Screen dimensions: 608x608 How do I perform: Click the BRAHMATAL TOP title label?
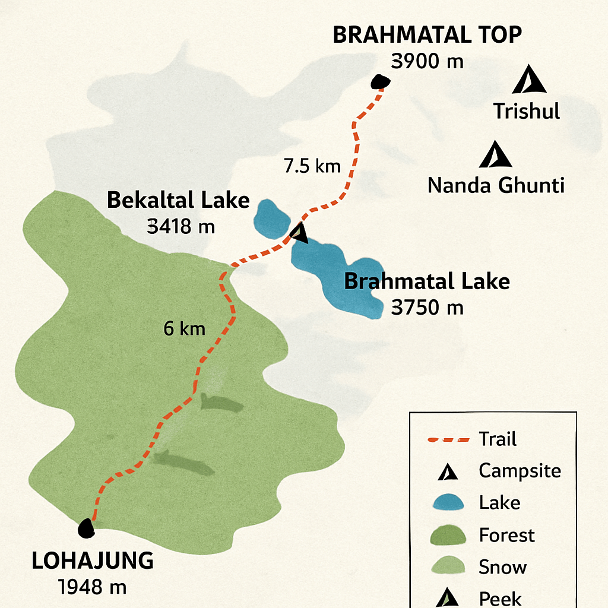[427, 35]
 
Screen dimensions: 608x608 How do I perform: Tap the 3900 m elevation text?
[427, 61]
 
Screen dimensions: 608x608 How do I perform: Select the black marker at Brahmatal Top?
[379, 82]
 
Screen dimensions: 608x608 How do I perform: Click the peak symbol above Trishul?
[529, 80]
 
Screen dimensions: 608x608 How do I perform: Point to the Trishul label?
[527, 111]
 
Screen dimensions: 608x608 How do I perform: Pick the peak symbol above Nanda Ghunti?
[495, 155]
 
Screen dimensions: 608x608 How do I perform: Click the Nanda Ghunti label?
[496, 186]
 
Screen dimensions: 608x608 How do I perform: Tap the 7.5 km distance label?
[312, 166]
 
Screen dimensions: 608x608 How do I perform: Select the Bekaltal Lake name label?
[178, 201]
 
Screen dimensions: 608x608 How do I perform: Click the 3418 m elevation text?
[180, 226]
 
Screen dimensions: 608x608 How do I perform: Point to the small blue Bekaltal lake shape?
[271, 218]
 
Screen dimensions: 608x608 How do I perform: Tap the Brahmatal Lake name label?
[427, 281]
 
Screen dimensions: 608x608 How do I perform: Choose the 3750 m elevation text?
[427, 308]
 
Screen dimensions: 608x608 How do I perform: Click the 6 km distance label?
[184, 328]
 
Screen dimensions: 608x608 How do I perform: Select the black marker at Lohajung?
[87, 528]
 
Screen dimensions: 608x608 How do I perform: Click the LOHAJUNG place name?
[92, 560]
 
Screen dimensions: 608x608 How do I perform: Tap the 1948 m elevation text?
[93, 587]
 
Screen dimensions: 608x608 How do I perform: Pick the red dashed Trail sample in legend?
[448, 440]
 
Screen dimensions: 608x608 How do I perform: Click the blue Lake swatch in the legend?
[448, 502]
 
